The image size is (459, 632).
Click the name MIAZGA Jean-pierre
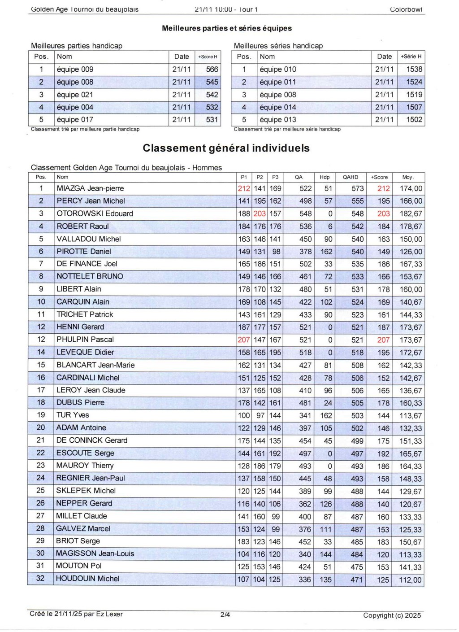coord(90,188)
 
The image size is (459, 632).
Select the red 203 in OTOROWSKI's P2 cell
coord(260,214)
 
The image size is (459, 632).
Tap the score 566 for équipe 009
coord(212,70)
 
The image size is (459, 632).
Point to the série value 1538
coord(414,70)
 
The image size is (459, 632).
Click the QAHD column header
coord(350,177)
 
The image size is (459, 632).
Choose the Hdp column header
coord(325,177)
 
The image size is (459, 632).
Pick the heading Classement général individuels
coord(226,148)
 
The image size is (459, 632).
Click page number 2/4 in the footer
coord(225,615)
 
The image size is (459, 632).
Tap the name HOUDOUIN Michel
coord(87,579)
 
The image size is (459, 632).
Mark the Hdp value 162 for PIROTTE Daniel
coord(326,252)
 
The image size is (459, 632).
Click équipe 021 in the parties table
coord(75,95)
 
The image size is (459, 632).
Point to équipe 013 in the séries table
coord(278,120)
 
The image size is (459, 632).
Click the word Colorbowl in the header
coord(406,9)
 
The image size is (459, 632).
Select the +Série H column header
coord(411,57)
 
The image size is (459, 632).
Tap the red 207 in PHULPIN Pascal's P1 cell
coord(244,340)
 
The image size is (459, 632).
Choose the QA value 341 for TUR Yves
coord(305,415)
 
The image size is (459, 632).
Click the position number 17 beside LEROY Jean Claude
coord(41,390)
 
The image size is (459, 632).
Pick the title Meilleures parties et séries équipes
coord(227,28)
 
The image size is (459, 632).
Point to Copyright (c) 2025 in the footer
coord(392,615)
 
